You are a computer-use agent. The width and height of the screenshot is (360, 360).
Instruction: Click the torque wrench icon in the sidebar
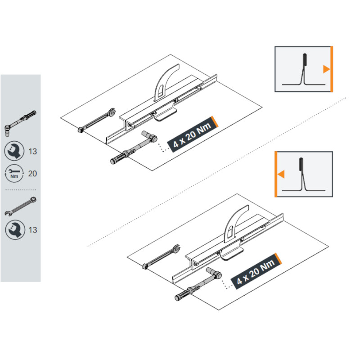coord(20,123)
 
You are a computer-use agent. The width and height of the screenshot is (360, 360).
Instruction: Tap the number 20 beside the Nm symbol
coord(32,174)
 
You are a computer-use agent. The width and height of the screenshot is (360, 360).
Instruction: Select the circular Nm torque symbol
coord(14,174)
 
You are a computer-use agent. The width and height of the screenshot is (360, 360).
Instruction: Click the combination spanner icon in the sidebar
coord(20,207)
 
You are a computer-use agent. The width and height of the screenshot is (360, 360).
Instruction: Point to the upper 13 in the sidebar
coord(32,152)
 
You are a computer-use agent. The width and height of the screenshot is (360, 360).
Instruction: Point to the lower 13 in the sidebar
coord(32,230)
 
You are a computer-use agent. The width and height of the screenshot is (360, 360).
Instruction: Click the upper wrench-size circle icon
coord(14,151)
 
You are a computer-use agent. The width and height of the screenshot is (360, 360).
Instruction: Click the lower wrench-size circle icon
coord(15,230)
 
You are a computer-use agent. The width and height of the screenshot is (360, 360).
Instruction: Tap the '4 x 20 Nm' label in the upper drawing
coord(193,135)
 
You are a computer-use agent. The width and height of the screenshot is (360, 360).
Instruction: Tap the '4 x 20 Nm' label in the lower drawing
coord(256,271)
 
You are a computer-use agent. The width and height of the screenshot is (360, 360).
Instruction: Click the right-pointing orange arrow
coord(326,69)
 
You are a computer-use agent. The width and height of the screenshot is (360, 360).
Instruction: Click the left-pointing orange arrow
coord(281,174)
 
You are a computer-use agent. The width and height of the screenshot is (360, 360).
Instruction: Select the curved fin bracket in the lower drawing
coord(235,223)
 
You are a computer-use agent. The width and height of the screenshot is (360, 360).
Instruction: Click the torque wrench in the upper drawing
coord(134,148)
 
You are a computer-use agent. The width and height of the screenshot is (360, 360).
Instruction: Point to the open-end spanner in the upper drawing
coord(97,120)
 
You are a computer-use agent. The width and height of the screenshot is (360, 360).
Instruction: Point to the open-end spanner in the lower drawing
coord(162,257)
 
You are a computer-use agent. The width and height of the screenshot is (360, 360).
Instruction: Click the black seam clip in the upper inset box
coord(305,59)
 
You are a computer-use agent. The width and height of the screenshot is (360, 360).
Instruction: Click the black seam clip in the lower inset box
coord(301,164)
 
